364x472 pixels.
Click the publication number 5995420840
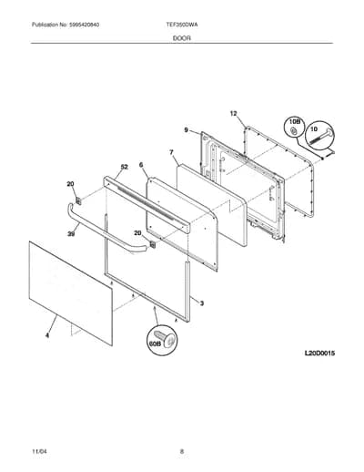[x=84, y=25]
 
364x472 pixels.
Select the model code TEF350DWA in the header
[x=182, y=25]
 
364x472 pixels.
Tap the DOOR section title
[x=182, y=38]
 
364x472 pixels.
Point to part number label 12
[x=233, y=114]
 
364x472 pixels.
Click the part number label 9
[x=187, y=130]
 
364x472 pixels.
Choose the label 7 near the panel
[x=171, y=152]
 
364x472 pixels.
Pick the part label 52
[x=125, y=167]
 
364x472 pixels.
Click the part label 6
[x=141, y=165]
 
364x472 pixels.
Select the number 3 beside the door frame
[x=202, y=303]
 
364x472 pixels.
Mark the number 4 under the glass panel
[x=47, y=335]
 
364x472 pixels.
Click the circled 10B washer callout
[x=294, y=127]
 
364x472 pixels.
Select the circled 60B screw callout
[x=162, y=340]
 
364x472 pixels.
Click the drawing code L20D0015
[x=319, y=354]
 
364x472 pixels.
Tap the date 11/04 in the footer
[x=39, y=451]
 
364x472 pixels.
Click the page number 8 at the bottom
[x=182, y=451]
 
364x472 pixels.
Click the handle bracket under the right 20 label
[x=153, y=244]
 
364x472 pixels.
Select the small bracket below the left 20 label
[x=78, y=200]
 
